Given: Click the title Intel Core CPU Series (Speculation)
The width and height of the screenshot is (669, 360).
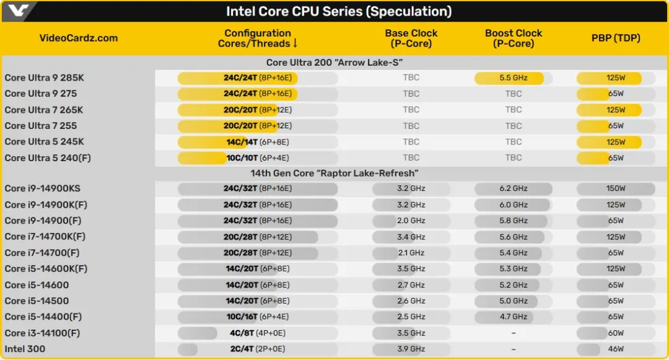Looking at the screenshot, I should click(338, 11).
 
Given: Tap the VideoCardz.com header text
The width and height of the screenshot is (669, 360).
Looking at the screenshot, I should click(78, 38).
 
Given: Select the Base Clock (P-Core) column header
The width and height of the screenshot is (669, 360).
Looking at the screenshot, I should click(411, 38).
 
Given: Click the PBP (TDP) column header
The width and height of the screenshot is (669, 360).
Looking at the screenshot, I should click(616, 38).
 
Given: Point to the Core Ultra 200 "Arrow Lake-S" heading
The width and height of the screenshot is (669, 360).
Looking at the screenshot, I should click(334, 62).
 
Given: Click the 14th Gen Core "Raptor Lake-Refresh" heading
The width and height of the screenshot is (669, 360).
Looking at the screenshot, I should click(334, 173).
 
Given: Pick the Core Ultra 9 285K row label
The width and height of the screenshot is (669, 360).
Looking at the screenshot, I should click(44, 78).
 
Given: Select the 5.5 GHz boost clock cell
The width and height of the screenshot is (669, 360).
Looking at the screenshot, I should click(514, 78).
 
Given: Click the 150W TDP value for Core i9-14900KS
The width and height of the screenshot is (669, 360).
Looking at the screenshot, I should click(616, 188).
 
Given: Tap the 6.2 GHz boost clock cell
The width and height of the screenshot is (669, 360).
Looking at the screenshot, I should click(514, 188).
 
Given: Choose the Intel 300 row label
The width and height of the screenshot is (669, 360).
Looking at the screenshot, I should click(25, 349).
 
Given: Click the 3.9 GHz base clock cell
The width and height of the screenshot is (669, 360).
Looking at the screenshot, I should click(411, 349).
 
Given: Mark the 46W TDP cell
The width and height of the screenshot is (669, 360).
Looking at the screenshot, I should click(616, 349).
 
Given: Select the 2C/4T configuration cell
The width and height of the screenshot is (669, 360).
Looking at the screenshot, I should click(258, 349).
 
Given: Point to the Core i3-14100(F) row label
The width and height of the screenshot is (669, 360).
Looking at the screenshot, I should click(42, 333).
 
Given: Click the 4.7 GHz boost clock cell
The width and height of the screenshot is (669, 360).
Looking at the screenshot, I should click(514, 317).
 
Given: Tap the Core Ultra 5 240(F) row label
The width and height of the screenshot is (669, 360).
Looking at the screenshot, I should click(48, 158).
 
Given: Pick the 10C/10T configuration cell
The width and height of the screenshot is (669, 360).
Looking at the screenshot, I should click(258, 158).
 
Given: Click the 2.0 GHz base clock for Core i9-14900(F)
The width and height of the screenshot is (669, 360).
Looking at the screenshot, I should click(411, 221).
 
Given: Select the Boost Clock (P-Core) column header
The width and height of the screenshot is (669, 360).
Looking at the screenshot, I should click(514, 38).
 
